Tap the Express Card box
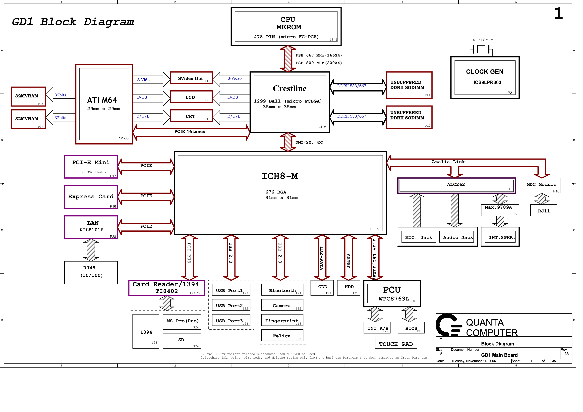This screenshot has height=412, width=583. pos(91,197)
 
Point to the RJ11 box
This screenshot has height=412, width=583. pos(544,210)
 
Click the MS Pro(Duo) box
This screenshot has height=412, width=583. pos(182,322)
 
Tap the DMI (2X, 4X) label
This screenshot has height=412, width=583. pos(309,142)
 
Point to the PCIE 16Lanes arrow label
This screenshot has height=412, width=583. pos(189,132)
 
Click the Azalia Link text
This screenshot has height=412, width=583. pos(448,162)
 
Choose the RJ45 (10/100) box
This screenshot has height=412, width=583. pos(91,273)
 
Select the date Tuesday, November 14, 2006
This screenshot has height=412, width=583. pos(473,361)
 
